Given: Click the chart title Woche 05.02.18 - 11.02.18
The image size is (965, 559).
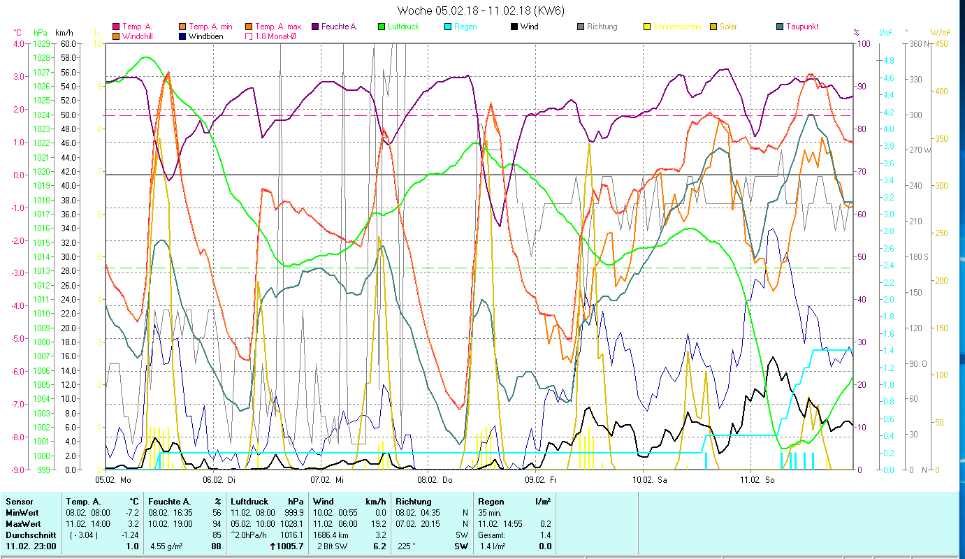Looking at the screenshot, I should click(x=481, y=10).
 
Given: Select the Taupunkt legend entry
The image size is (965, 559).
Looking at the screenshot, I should click(x=801, y=27).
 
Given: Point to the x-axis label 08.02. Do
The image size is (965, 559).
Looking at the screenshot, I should click(x=439, y=480).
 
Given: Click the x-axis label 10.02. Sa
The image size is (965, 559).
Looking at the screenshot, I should click(x=653, y=480).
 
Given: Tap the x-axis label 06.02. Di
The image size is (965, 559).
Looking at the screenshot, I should click(x=224, y=480).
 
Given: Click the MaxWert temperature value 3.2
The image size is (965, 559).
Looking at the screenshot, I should click(x=133, y=523).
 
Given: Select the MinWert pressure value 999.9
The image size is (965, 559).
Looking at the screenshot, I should click(x=292, y=512).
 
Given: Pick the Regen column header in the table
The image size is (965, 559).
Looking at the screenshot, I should click(x=489, y=501).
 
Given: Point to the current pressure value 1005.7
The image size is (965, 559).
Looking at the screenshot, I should click(x=291, y=546).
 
